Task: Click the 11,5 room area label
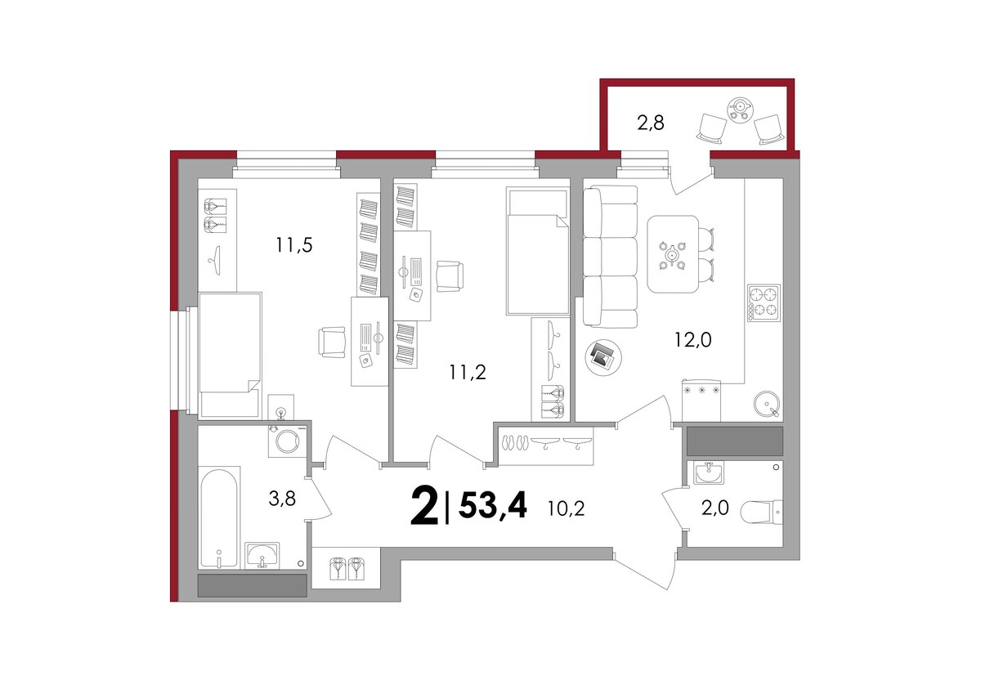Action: tap(293, 245)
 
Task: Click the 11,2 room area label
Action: tap(468, 373)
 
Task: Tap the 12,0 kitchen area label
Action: tap(693, 340)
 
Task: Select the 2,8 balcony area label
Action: tap(651, 123)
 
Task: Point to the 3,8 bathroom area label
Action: tap(282, 499)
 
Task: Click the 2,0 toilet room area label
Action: tap(715, 508)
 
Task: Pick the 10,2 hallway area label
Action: tap(566, 508)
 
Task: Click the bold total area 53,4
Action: tap(493, 505)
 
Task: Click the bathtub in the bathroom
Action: tap(219, 518)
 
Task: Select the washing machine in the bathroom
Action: tap(287, 441)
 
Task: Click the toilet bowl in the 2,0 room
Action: tap(761, 512)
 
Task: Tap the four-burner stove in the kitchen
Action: tap(764, 303)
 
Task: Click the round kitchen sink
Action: tap(767, 403)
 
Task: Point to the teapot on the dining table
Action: tap(672, 254)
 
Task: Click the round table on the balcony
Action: tap(740, 109)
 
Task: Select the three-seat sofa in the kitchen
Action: tap(611, 257)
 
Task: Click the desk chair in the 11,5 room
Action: tap(332, 342)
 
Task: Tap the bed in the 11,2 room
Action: tap(537, 251)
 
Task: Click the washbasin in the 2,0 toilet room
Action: tap(709, 472)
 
